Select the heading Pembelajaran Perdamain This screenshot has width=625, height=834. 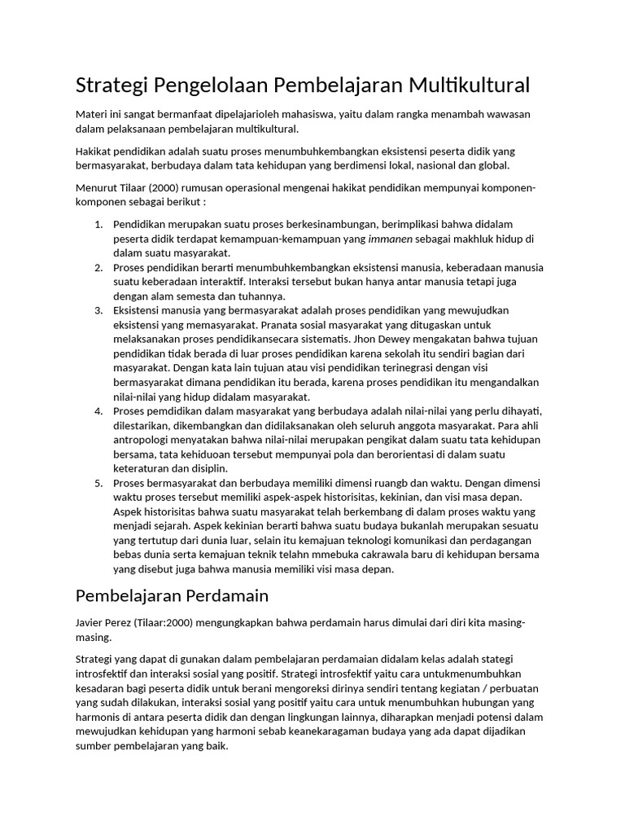(172, 595)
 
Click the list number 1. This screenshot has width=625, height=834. (98, 224)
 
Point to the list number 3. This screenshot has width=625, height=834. (98, 310)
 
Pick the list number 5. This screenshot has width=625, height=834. (98, 483)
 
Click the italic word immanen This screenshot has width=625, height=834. (391, 239)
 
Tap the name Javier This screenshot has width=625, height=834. (91, 623)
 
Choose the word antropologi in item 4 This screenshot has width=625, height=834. (143, 440)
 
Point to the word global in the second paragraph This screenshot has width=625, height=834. (492, 165)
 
